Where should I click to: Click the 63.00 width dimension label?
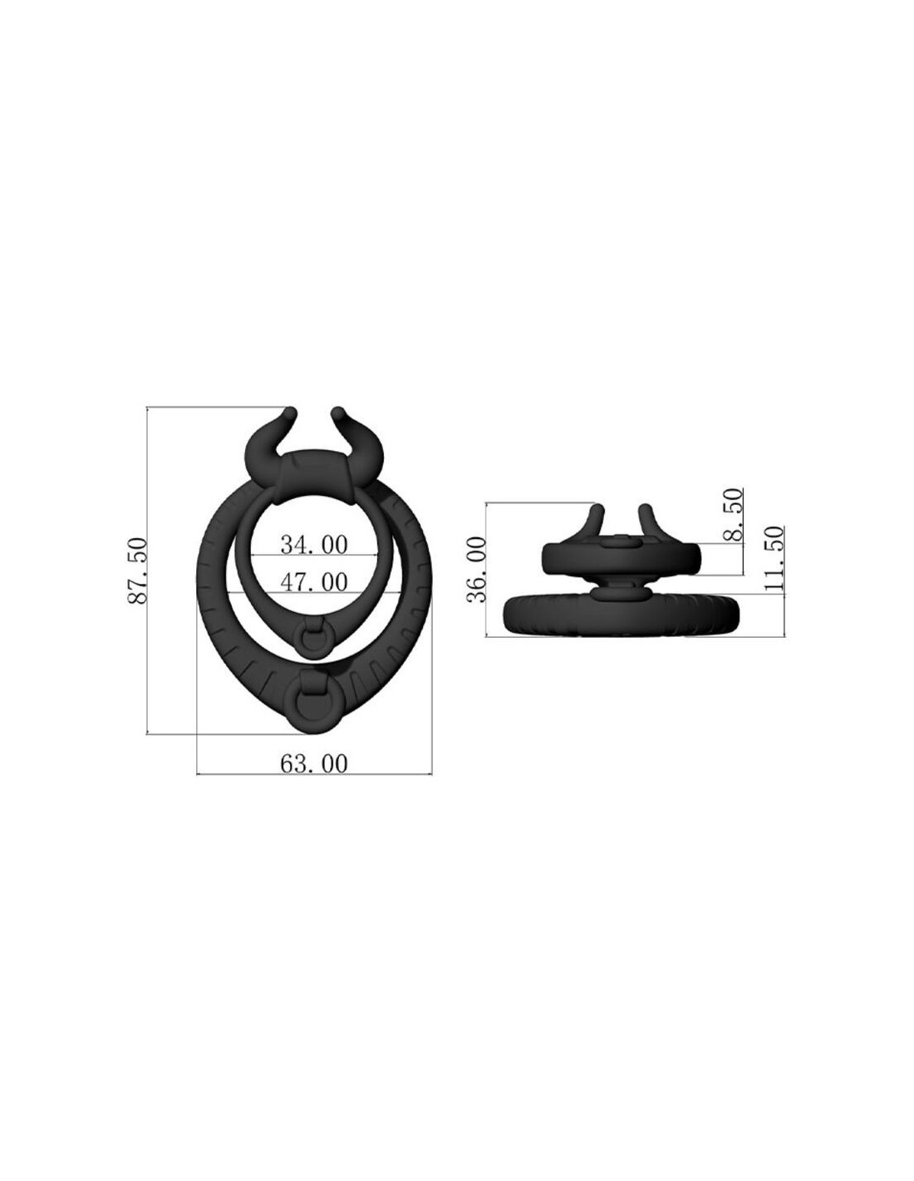[313, 763]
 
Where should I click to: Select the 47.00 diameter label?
[313, 582]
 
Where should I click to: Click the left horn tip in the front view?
[290, 412]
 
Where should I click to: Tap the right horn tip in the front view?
[337, 412]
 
